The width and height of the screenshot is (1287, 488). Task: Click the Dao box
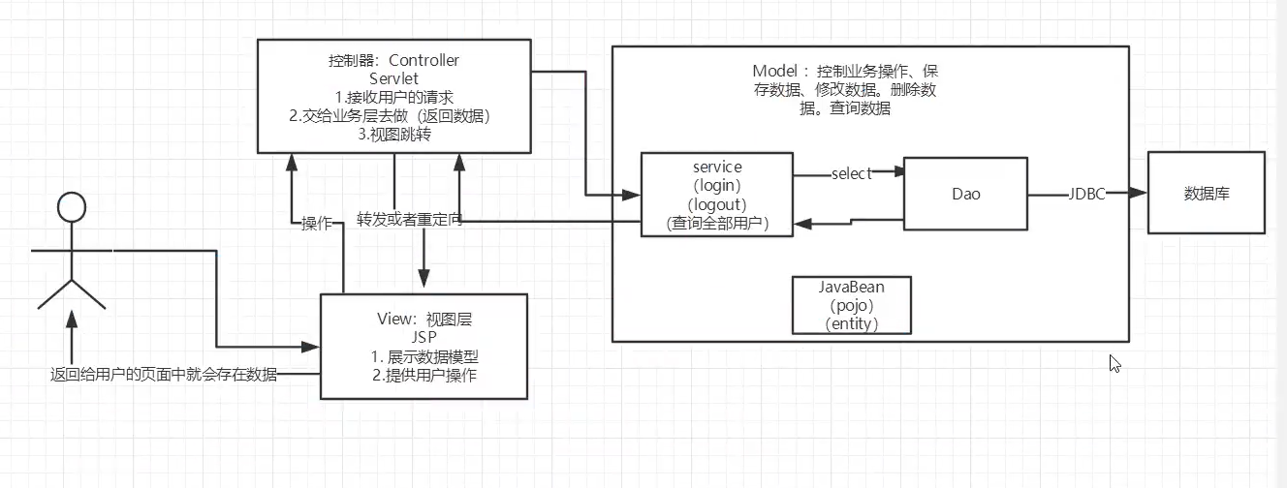[x=965, y=194]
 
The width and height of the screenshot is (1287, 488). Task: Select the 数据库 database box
[x=1206, y=193]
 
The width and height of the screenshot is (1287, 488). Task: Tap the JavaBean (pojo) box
[x=852, y=305]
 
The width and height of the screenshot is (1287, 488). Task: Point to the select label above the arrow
[x=851, y=173]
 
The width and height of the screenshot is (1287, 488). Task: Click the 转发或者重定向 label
[x=409, y=219]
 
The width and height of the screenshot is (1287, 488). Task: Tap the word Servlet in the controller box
[x=393, y=78]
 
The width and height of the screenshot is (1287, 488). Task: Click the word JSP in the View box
[x=424, y=337]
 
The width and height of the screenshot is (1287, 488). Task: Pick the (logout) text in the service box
[x=717, y=205]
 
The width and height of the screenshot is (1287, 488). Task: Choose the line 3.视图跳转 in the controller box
[x=393, y=135]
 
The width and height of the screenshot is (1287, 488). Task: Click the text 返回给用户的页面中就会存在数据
[x=164, y=375]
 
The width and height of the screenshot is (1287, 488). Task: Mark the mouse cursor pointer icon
[x=1114, y=364]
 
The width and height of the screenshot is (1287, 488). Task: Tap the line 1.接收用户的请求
[x=393, y=97]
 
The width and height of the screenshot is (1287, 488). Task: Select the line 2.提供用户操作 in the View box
[x=424, y=375]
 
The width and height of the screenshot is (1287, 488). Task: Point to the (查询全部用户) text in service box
[x=717, y=224]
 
